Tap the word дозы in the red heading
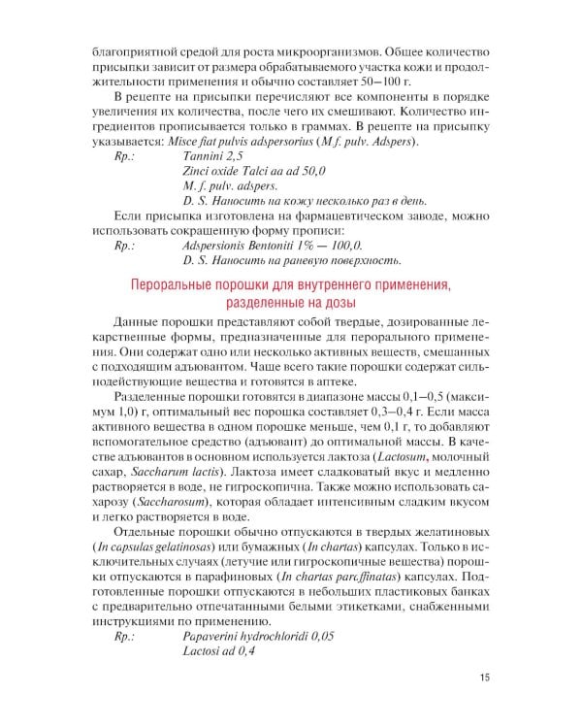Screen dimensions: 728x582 coord(363,302)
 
